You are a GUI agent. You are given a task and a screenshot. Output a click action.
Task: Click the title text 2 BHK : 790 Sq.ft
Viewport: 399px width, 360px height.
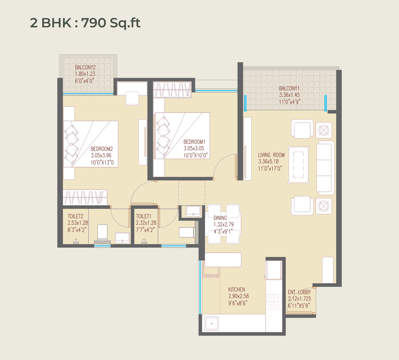(x=85, y=23)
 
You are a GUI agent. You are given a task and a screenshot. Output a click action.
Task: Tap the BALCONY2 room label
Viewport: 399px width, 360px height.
(x=85, y=67)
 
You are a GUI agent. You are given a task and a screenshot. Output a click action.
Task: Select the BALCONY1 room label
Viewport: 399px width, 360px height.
(x=289, y=89)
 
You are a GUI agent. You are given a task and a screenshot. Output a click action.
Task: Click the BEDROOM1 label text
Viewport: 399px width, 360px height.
(x=194, y=142)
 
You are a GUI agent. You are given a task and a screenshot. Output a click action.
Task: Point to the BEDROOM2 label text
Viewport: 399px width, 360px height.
(x=102, y=149)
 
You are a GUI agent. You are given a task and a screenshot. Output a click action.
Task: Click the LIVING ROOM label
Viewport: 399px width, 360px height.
(x=271, y=155)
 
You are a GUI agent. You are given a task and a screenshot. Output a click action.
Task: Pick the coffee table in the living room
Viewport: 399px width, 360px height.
(x=298, y=165)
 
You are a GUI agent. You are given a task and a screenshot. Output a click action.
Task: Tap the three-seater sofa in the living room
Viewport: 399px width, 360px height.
(x=324, y=168)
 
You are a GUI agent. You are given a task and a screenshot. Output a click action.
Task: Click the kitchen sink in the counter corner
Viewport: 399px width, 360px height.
(x=212, y=323)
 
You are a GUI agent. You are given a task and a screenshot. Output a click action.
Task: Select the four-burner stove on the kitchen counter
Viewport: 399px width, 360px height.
(x=274, y=301)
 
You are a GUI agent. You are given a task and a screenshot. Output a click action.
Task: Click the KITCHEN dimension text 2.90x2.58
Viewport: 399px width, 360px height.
(x=238, y=296)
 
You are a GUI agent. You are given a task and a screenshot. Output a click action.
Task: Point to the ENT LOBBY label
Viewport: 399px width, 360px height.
(x=299, y=292)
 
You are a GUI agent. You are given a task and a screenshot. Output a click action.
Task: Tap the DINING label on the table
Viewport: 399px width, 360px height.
(x=220, y=218)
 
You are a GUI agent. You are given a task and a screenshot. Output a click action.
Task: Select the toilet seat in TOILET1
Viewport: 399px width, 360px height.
(x=186, y=232)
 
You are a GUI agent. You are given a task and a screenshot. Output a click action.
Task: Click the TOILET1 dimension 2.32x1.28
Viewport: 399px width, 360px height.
(x=146, y=223)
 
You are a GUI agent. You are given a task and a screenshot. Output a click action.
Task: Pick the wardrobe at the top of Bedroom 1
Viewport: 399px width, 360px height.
(x=172, y=90)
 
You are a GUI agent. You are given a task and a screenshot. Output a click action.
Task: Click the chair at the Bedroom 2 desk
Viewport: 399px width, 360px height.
(x=132, y=98)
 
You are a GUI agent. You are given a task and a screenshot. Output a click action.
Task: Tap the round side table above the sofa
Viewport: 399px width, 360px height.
(x=324, y=130)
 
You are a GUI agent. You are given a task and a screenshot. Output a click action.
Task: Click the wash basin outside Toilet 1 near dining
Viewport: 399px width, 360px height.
(x=193, y=211)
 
